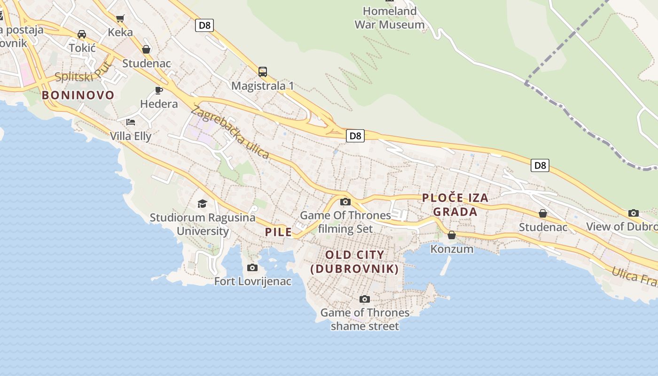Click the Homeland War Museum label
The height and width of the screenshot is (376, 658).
point(390,18)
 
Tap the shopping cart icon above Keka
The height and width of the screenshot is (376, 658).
point(120,18)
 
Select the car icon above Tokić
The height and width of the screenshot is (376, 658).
point(82,34)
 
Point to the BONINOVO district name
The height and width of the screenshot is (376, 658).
point(78,95)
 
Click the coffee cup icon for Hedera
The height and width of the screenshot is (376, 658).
point(159,90)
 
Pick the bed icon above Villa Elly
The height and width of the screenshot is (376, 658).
point(131,122)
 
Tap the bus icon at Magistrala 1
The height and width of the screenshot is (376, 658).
point(263,72)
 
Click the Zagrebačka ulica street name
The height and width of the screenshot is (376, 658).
point(230,133)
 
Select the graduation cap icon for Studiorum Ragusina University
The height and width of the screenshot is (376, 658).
point(202,204)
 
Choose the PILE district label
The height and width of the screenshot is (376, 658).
point(278,232)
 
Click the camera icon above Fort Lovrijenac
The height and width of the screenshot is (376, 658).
point(252,268)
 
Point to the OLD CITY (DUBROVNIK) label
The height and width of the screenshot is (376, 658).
point(355,262)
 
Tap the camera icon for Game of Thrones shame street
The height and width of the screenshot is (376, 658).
point(364,299)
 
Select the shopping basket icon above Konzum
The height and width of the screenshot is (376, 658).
point(452,235)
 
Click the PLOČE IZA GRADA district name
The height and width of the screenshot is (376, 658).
point(455,205)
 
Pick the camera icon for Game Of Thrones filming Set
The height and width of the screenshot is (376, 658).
point(345,202)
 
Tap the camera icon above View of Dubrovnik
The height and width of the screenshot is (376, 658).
point(634,213)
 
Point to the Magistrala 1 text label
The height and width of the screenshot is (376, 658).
point(262,86)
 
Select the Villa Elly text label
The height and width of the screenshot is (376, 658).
point(131,136)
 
